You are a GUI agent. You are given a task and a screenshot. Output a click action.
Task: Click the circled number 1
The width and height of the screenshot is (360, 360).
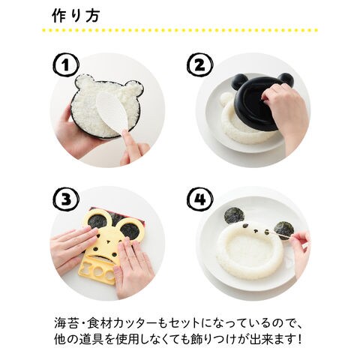tap(65, 65)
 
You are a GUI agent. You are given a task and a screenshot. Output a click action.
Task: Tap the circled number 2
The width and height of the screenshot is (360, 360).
tap(199, 65)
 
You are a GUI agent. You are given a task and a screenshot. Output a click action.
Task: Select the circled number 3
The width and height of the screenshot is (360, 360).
tap(66, 199)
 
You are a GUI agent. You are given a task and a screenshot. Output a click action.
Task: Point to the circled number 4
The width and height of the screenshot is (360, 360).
tap(199, 199)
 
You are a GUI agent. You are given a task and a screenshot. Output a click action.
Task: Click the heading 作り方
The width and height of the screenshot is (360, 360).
tap(76, 16)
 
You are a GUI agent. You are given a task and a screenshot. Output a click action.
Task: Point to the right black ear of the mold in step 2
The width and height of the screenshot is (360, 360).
tap(284, 79)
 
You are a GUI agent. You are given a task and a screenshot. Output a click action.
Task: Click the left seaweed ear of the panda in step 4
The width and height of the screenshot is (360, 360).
tap(234, 215)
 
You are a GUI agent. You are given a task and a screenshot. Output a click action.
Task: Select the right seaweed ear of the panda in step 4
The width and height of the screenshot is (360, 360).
tap(283, 230)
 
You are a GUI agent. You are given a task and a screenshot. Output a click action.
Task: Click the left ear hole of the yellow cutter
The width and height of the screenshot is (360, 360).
tap(97, 221)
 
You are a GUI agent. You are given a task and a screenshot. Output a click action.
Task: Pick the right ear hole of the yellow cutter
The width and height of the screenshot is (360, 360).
tap(130, 230)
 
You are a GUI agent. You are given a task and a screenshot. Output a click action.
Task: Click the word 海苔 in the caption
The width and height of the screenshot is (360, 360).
tap(66, 323)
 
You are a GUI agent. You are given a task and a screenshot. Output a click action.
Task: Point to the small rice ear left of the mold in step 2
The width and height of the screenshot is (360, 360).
tap(225, 97)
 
